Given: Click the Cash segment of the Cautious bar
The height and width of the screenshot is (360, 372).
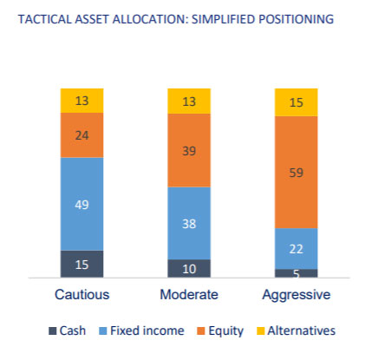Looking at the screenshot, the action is coord(82,264).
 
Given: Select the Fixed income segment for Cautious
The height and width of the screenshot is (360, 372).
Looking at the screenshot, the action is coord(82,204).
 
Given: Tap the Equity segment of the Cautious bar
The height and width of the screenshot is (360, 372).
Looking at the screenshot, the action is coord(82,135).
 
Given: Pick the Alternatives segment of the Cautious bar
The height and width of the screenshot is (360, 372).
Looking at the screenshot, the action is coord(82,101).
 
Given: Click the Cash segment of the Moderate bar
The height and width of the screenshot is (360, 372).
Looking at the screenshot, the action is coord(189,269).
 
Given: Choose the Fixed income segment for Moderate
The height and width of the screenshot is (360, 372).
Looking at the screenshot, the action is coord(189,223).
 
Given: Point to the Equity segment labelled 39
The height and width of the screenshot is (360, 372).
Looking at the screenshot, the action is coord(189,150).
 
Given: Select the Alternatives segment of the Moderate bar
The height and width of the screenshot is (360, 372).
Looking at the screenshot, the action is coord(189,101).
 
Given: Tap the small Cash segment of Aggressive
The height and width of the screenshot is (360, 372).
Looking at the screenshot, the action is coord(297,273).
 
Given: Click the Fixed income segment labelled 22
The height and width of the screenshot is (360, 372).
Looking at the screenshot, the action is coord(297,249).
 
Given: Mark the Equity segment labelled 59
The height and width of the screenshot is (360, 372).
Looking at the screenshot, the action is coord(297,173).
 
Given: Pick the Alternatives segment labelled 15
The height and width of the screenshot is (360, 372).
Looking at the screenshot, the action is coord(297,102).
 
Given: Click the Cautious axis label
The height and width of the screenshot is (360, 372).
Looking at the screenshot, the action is coord(82,295).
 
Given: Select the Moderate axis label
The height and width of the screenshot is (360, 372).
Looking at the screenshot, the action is coord(189,295).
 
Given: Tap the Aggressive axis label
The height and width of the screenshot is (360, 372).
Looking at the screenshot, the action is coord(297,295).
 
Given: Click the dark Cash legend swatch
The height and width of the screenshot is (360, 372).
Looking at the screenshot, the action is coord(52,331).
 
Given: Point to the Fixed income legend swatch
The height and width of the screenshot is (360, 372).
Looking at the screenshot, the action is coord(103,331).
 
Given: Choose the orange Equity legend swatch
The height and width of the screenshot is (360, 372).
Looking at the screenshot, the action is coord(201,331).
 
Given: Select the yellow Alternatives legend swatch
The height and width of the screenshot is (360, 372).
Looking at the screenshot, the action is coord(260,331).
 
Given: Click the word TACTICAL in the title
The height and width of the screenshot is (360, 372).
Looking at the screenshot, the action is coord(44,19).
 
